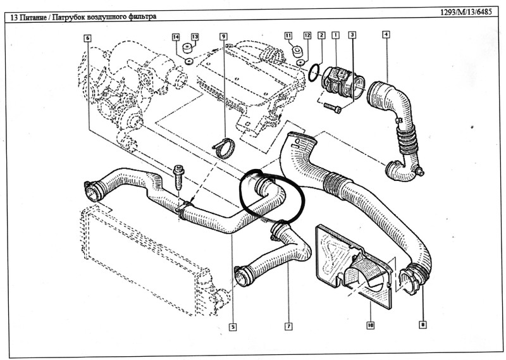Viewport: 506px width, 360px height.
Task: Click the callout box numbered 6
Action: [87, 38]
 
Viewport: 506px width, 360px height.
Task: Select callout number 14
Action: [176, 37]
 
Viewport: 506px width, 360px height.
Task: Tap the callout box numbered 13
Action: [195, 37]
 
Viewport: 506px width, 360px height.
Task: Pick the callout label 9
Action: [223, 37]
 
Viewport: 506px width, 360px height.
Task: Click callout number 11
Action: [288, 35]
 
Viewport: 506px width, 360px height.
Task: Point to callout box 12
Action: [307, 35]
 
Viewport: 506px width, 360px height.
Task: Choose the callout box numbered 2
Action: [321, 35]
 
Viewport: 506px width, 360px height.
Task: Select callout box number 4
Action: [386, 34]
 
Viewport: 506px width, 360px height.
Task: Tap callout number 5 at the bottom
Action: [232, 326]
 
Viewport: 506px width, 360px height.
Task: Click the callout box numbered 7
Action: [288, 326]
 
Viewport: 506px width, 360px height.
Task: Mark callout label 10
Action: [370, 325]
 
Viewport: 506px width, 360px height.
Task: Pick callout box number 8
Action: [423, 324]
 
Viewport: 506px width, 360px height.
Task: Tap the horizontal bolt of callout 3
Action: [333, 108]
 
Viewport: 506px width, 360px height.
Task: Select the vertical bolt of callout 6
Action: [178, 178]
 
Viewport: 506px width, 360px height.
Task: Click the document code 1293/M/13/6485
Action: [466, 12]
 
